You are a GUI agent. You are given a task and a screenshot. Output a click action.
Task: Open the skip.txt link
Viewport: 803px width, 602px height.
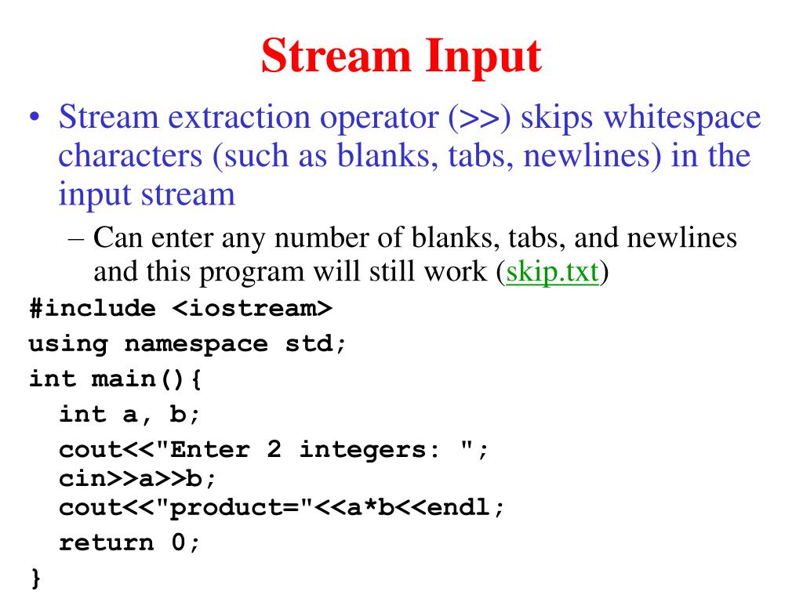pyautogui.click(x=553, y=272)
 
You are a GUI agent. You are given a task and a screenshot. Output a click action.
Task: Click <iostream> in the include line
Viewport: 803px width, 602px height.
pyautogui.click(x=252, y=308)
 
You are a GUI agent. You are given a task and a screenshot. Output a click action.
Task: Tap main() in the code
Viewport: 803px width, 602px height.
pyautogui.click(x=140, y=379)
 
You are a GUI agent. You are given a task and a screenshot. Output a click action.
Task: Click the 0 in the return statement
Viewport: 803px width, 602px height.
pyautogui.click(x=179, y=542)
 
